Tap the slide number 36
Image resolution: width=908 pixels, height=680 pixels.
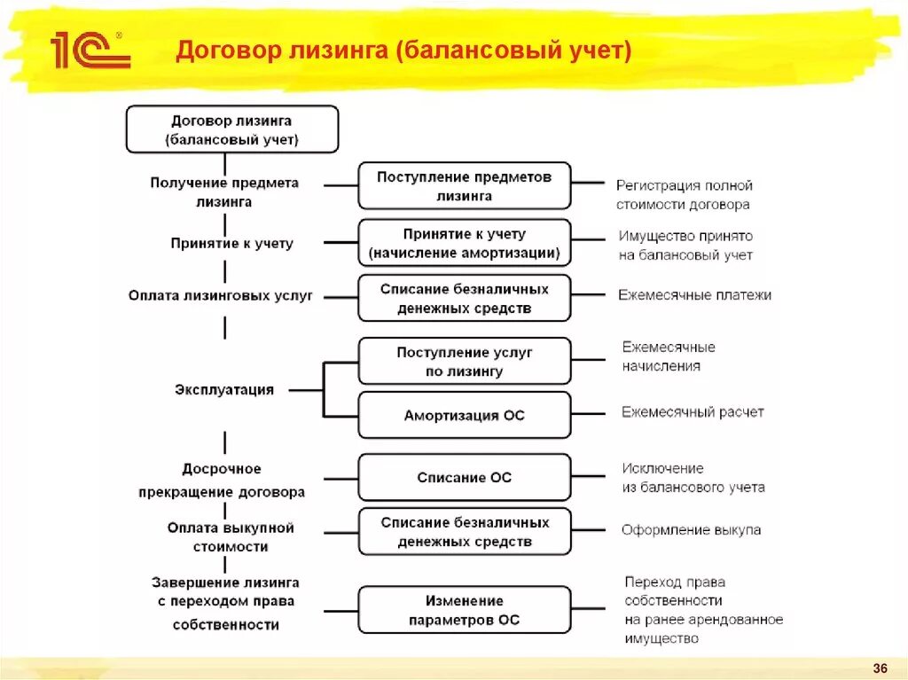[x=881, y=668]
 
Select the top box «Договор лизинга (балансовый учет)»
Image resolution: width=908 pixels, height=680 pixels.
[x=231, y=129]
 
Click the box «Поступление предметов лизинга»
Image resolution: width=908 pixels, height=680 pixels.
[x=464, y=186]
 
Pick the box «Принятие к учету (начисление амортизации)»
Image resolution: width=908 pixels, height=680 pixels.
[x=464, y=243]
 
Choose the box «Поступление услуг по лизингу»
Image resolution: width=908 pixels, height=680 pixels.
[x=464, y=362]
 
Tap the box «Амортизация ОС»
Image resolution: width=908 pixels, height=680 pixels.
[x=464, y=415]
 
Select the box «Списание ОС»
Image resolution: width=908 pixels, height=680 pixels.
[x=464, y=477]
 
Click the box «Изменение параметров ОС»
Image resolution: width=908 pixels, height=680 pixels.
[x=464, y=610]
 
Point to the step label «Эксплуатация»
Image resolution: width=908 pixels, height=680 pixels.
[x=224, y=389]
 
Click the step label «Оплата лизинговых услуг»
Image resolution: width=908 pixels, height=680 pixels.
[x=221, y=295]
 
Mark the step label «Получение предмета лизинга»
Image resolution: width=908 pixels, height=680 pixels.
[x=224, y=191]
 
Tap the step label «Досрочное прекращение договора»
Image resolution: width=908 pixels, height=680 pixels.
[x=222, y=480]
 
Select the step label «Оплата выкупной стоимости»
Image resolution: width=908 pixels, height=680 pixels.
[x=231, y=537]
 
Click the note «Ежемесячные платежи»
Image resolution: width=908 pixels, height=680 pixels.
[x=694, y=294]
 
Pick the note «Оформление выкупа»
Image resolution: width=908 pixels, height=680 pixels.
[x=691, y=530]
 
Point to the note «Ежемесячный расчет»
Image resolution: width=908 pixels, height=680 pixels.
[x=693, y=411]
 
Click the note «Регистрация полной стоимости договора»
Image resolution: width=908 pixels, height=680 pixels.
[x=684, y=195]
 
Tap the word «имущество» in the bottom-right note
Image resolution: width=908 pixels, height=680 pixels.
[x=661, y=638]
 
